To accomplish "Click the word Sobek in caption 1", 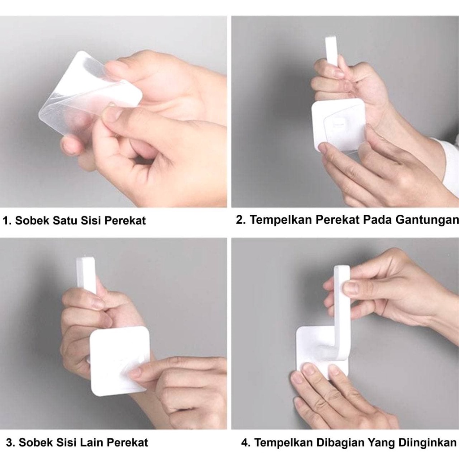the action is click(32, 221).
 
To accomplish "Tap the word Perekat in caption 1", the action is click(125, 221).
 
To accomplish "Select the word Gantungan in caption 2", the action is click(427, 220).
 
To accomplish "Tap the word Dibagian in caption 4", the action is click(339, 442).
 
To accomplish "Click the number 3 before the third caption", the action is click(9, 442).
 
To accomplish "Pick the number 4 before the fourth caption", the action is click(245, 442).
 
